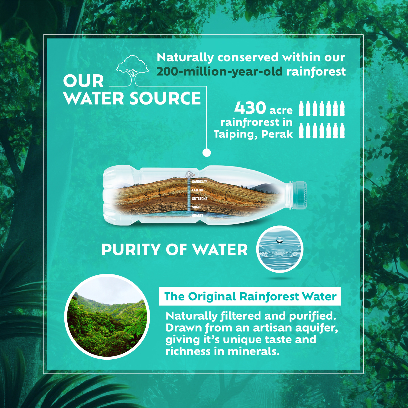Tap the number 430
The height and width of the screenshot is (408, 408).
[x=250, y=108]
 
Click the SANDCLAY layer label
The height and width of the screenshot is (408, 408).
[x=199, y=182]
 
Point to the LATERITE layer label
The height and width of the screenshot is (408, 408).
[x=198, y=190]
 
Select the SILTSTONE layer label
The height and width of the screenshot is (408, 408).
[x=199, y=199]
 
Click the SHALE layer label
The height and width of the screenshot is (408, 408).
[x=196, y=207]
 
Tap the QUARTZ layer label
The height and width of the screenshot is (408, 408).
[x=198, y=215]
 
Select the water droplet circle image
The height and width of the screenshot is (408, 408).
[x=280, y=249]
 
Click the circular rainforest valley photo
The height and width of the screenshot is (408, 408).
[x=107, y=317]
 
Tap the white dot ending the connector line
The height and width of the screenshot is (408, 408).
[x=206, y=152]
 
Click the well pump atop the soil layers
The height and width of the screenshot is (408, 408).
[x=189, y=174]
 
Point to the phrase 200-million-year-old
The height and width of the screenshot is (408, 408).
[x=219, y=72]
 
